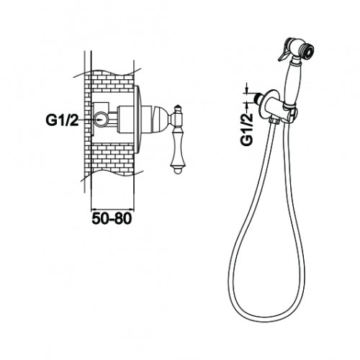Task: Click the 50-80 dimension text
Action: pyautogui.click(x=112, y=218)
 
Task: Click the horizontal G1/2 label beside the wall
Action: pyautogui.click(x=62, y=120)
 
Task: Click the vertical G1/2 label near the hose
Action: pyautogui.click(x=247, y=130)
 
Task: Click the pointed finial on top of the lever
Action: pyautogui.click(x=177, y=109)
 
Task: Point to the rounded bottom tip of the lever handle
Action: pyautogui.click(x=176, y=171)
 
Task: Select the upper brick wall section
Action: pyautogui.click(x=112, y=81)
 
